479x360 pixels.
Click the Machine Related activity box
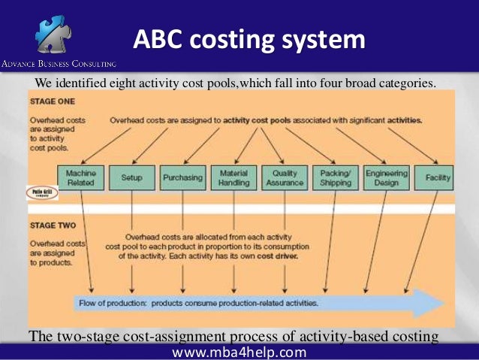(80, 177)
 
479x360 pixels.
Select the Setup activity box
(132, 177)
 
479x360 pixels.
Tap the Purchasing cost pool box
(182, 177)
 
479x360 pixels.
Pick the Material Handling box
(233, 177)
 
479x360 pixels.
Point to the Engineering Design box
(386, 177)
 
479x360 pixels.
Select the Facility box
(437, 177)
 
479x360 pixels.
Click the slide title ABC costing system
(250, 40)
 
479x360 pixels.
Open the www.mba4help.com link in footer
(239, 352)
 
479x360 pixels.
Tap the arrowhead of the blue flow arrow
(434, 302)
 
